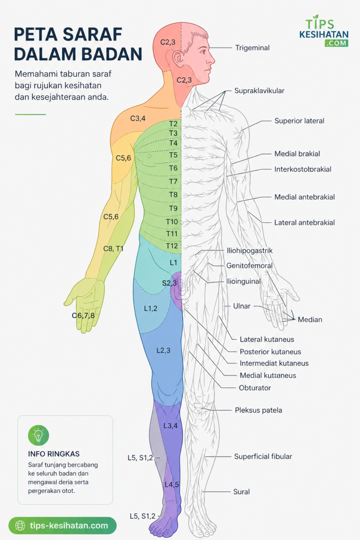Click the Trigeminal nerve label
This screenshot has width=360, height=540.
[252, 48]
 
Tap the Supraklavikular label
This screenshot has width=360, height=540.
[259, 91]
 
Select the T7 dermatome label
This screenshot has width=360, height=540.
[173, 181]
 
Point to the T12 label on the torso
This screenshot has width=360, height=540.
[172, 246]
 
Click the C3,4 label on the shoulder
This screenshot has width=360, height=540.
[138, 119]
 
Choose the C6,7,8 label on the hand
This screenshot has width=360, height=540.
[83, 315]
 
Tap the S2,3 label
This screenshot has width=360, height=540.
[169, 283]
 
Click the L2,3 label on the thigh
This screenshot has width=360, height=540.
[163, 351]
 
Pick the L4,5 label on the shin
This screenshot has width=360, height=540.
[172, 485]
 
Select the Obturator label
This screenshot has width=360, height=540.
[255, 388]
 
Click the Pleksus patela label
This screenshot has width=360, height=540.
[258, 410]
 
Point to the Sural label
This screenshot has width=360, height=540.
[241, 492]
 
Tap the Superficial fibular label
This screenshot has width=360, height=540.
[263, 456]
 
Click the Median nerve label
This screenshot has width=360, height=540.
[310, 319]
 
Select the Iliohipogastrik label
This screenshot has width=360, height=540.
[249, 251]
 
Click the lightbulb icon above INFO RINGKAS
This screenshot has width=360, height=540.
[39, 435]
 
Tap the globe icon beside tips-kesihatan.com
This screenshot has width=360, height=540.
[20, 526]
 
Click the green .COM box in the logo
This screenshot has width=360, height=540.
[336, 43]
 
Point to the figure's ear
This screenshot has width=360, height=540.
[179, 59]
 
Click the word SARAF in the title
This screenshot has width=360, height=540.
[92, 35]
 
